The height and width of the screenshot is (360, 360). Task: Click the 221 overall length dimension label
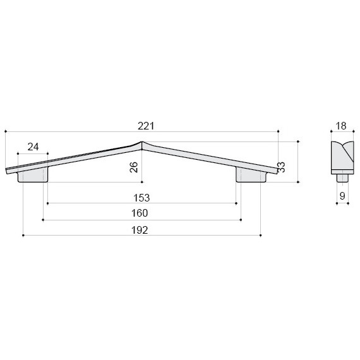(146, 126)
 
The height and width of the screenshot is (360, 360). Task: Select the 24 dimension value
(33, 147)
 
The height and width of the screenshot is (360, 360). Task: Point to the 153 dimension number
(141, 197)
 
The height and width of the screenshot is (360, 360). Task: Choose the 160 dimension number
(140, 213)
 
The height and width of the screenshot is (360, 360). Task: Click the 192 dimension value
(140, 230)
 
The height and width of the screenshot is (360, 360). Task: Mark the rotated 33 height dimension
(281, 167)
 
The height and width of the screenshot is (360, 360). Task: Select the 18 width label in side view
(341, 126)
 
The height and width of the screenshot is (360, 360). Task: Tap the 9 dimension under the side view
(342, 196)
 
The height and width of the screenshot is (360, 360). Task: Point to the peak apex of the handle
(142, 143)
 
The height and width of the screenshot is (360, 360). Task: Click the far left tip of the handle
(7, 170)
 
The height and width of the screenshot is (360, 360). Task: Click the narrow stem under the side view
(342, 177)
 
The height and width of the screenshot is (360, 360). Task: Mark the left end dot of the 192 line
(23, 236)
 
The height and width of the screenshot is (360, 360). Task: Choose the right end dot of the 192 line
(260, 236)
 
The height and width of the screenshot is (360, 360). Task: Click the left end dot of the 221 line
(5, 131)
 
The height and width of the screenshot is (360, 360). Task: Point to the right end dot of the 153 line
(236, 203)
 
